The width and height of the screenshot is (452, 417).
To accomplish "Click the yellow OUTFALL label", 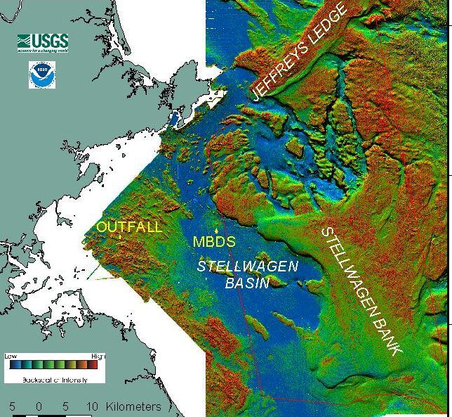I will tap(129, 227).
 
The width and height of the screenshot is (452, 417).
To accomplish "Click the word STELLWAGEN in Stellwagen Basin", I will tap(247, 267).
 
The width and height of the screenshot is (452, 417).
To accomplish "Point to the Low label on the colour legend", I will tap(11, 357).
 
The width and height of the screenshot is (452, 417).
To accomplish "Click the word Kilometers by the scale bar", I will tap(133, 406).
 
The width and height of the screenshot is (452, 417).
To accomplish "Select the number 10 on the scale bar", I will tap(92, 406).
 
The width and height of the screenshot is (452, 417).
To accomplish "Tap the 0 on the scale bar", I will tap(39, 406).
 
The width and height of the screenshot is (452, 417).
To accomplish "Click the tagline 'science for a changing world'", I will tap(44, 52).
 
